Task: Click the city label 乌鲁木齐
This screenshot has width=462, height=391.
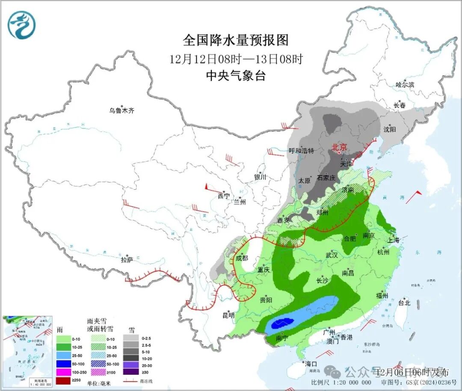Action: click(121, 110)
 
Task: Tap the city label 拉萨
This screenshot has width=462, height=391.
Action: click(127, 260)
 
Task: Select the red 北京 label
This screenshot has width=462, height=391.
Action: click(340, 147)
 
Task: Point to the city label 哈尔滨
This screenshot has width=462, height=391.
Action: click(405, 85)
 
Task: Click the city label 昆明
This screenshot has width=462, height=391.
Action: click(228, 316)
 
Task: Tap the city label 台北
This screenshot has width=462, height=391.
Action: click(404, 303)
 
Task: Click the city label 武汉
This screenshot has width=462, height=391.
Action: click(332, 255)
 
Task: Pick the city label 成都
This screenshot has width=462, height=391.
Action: click(242, 258)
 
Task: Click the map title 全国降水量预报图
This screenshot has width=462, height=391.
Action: click(236, 40)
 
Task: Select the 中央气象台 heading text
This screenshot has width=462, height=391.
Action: click(236, 76)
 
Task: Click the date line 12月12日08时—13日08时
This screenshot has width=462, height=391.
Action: click(236, 59)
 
